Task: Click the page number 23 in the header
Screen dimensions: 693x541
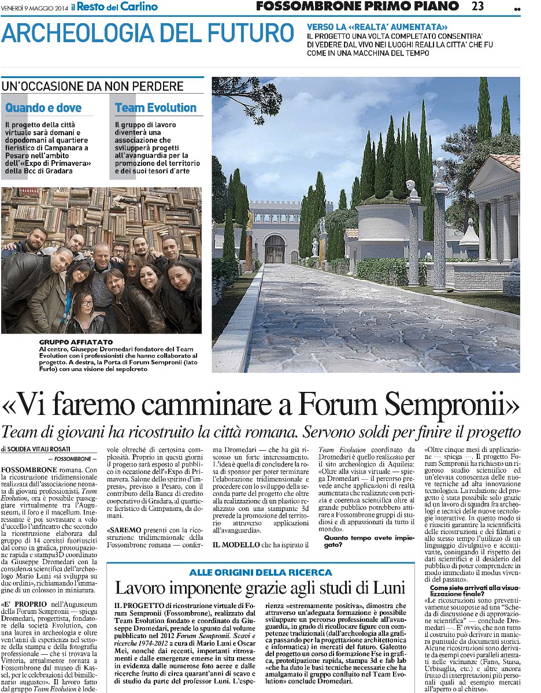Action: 477,6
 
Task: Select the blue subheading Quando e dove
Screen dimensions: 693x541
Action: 43,108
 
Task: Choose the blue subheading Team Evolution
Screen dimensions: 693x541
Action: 155,108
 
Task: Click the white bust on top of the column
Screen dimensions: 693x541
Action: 412,188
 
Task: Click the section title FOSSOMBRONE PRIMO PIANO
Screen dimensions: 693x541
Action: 357,6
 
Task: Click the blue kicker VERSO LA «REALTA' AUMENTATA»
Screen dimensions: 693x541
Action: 377,27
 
